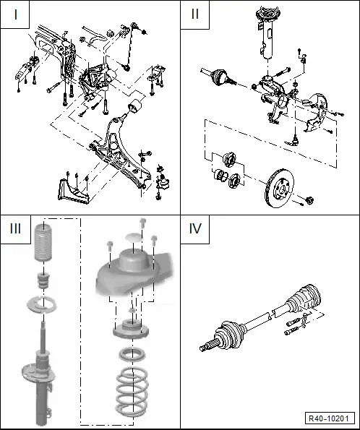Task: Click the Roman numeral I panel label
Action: point(16,14)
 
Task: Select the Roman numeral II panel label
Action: point(194,14)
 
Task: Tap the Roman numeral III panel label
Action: point(15,228)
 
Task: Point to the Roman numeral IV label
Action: point(195,228)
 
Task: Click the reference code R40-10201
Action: point(329,418)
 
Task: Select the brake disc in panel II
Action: point(279,189)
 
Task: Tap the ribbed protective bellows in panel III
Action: point(43,242)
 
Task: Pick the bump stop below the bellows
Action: point(43,280)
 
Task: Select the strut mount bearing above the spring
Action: point(131,328)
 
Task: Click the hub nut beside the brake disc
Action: point(310,200)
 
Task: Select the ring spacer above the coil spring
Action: point(132,354)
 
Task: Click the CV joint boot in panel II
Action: point(219,76)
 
